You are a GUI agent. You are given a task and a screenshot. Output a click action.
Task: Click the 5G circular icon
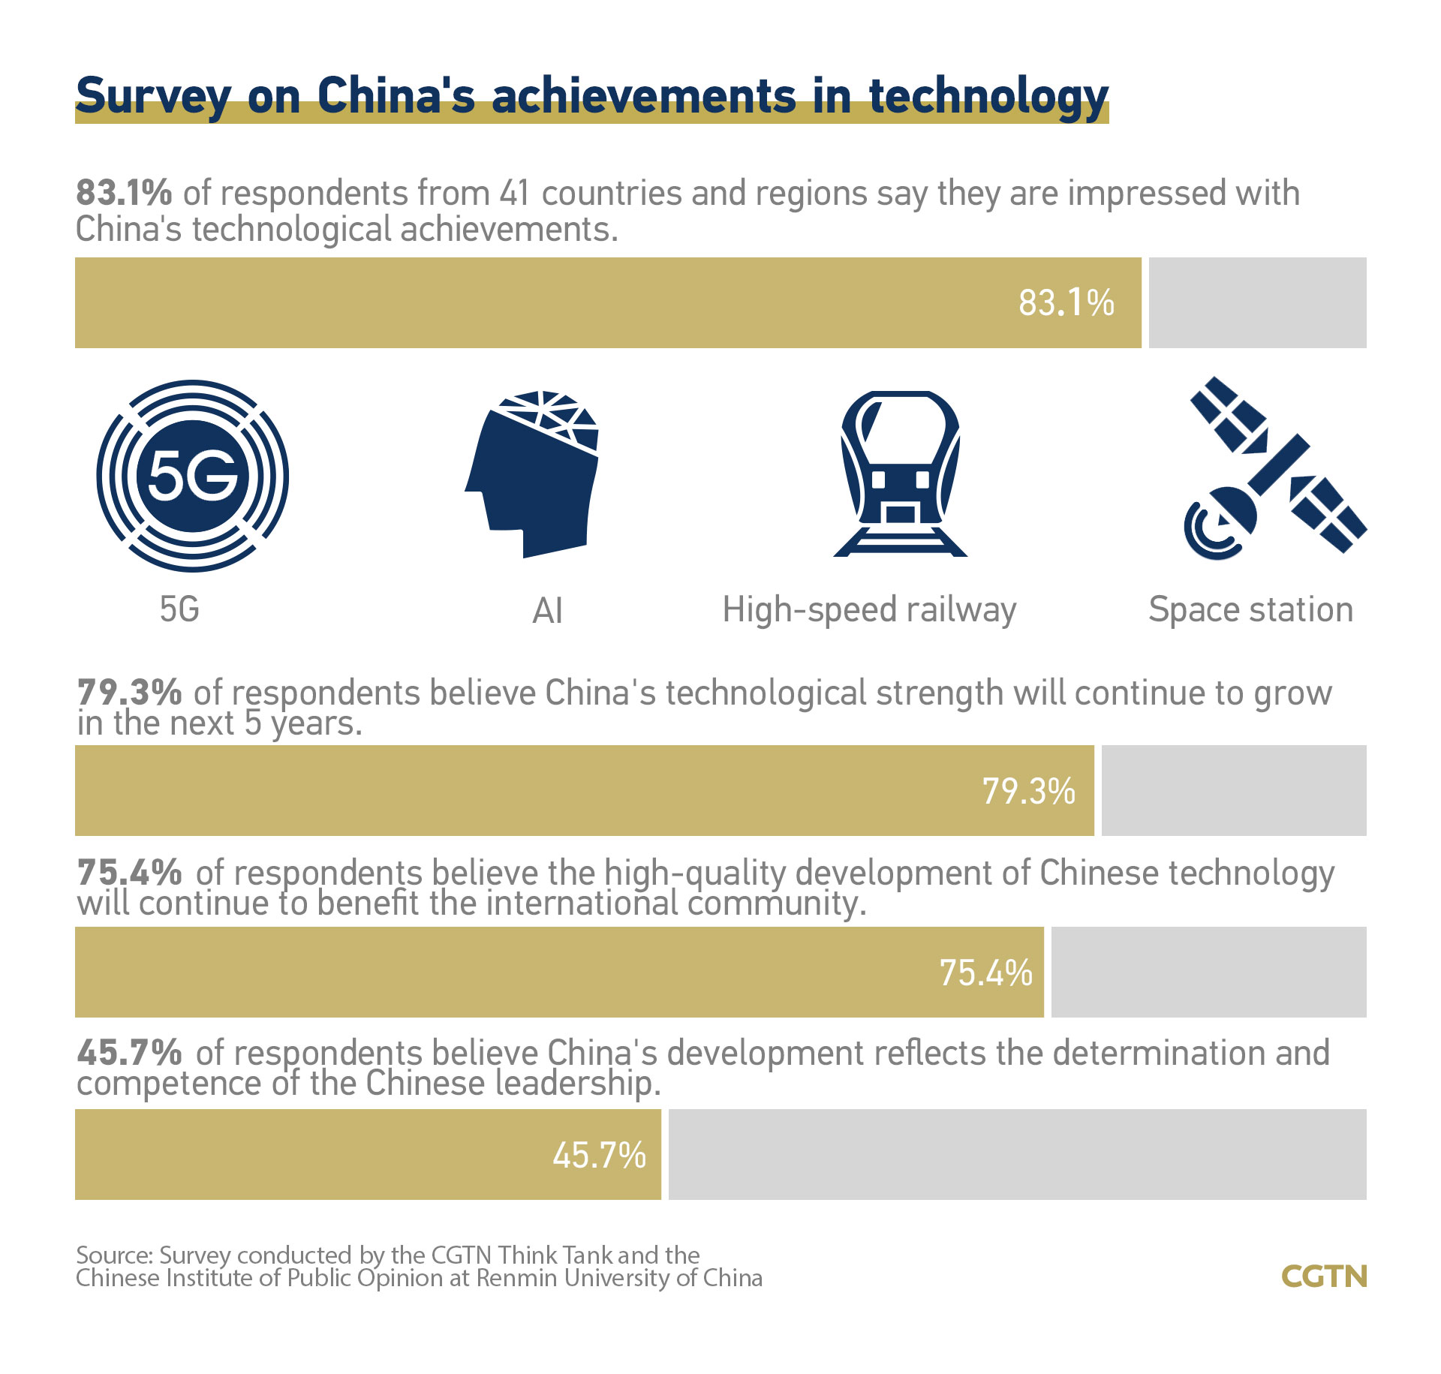click(x=192, y=476)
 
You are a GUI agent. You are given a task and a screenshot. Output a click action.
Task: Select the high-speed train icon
click(x=900, y=473)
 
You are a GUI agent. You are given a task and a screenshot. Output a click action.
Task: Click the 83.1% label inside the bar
click(x=1066, y=303)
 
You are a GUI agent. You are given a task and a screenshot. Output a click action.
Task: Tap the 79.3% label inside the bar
click(x=1028, y=791)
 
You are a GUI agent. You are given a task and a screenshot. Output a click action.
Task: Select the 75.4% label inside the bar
click(x=985, y=973)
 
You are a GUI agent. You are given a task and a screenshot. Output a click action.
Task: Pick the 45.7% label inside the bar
click(x=599, y=1155)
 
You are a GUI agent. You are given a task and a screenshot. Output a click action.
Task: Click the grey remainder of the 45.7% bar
click(x=1017, y=1154)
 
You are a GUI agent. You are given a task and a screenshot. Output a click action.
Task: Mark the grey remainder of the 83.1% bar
click(x=1257, y=303)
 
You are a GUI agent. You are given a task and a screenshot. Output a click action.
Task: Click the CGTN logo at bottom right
click(x=1324, y=1276)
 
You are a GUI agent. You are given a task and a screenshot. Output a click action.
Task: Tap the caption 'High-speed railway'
click(x=869, y=610)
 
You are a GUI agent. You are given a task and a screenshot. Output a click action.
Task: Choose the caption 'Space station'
click(x=1250, y=609)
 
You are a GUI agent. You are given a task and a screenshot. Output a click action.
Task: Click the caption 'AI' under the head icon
click(x=547, y=611)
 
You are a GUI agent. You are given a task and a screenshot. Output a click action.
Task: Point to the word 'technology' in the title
click(x=988, y=98)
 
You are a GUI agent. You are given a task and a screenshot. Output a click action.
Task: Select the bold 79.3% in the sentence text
click(x=129, y=692)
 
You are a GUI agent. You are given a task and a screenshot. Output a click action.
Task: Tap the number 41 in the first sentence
click(x=516, y=194)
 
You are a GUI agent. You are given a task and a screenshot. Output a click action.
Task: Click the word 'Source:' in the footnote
click(x=115, y=1255)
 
